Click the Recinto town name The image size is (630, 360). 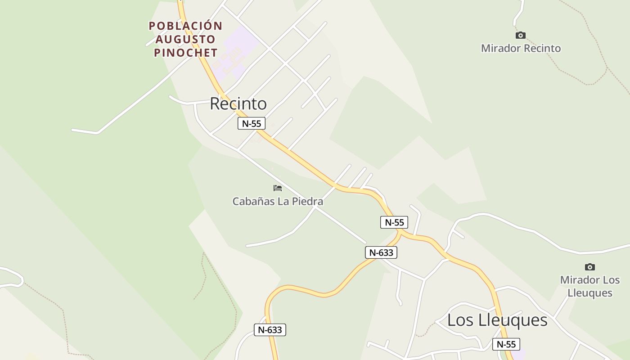tap(238, 103)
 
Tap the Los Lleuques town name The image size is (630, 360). tap(497, 320)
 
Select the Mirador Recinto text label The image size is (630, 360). tap(521, 48)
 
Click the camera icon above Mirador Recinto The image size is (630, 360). tap(521, 35)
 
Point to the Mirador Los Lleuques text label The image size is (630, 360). tap(589, 286)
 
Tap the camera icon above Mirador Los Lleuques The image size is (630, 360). tap(589, 267)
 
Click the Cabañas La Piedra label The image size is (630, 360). tap(278, 201)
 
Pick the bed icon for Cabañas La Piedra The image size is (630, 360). tap(278, 188)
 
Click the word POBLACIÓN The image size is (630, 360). tap(185, 26)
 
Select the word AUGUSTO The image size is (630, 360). tap(185, 39)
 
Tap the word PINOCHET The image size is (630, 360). tap(185, 53)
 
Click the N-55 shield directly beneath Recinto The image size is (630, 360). tap(252, 123)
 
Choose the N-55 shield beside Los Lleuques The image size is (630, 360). tap(506, 344)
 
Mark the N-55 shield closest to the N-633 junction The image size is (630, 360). tap(394, 222)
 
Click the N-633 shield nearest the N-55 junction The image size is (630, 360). tap(381, 252)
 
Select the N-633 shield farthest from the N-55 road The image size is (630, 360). tap(270, 330)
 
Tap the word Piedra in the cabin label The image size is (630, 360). tap(307, 201)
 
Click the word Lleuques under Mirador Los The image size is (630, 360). tap(589, 293)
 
